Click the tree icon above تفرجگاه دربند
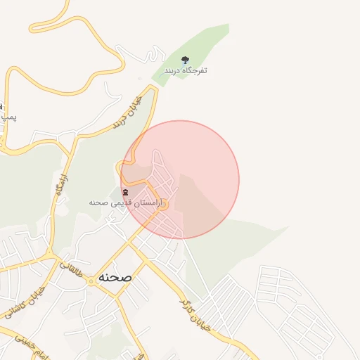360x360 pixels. point(186,60)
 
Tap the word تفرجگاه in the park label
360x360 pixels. point(195,71)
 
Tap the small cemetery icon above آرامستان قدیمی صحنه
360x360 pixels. point(125,193)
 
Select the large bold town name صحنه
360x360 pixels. point(115,277)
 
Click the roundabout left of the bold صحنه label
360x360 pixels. point(90,281)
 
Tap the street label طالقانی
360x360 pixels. point(74,267)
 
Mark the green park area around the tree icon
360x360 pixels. point(204,49)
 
